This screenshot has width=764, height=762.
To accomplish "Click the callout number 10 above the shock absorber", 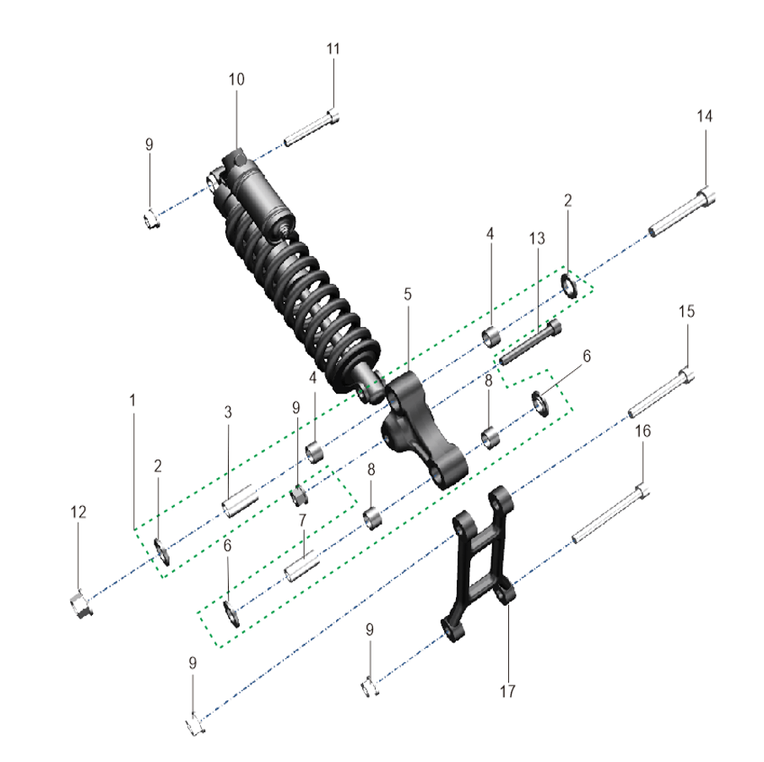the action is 236,79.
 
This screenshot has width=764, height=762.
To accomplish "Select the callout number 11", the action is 333,49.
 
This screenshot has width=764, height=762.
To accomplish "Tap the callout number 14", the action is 705,116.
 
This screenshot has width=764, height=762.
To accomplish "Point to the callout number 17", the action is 507,691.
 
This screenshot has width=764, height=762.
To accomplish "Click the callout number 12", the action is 78,512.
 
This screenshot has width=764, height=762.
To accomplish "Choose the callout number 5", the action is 408,295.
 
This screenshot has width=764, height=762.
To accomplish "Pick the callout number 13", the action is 537,238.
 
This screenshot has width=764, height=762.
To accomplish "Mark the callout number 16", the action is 642,431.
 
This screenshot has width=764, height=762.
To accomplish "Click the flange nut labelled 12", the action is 80,603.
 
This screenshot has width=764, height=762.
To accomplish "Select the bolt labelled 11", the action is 312,128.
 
